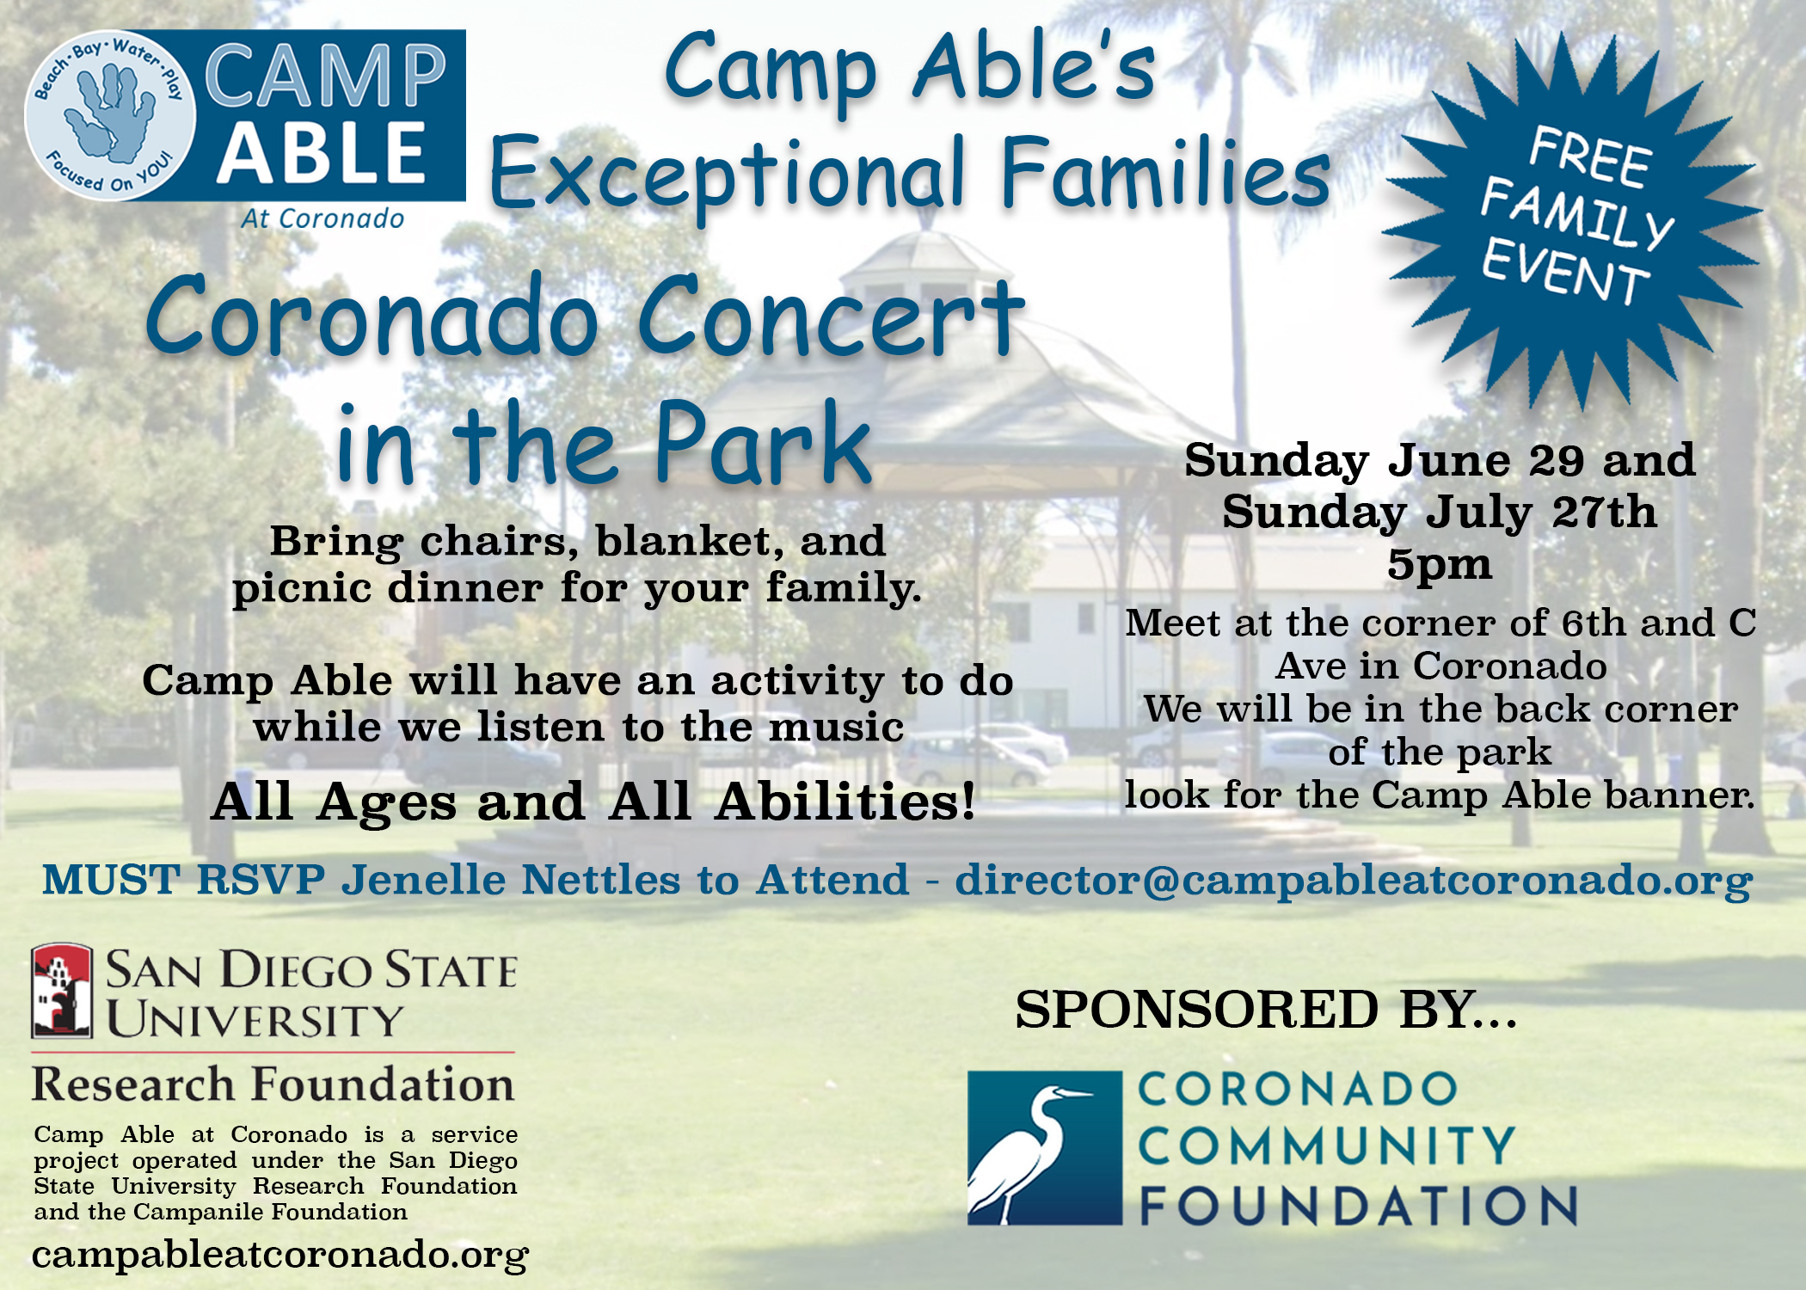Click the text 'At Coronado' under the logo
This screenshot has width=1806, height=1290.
pos(322,218)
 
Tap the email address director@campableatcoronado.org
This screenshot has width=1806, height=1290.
pos(1354,881)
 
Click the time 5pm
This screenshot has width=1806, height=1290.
pos(1440,565)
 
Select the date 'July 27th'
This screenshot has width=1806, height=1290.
pos(1541,512)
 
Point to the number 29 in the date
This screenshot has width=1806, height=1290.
pos(1557,460)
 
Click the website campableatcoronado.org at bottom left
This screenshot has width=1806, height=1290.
pos(280,1255)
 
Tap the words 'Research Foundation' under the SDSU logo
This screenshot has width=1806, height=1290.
pos(273,1084)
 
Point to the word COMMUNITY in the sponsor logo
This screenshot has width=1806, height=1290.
pos(1326,1146)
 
